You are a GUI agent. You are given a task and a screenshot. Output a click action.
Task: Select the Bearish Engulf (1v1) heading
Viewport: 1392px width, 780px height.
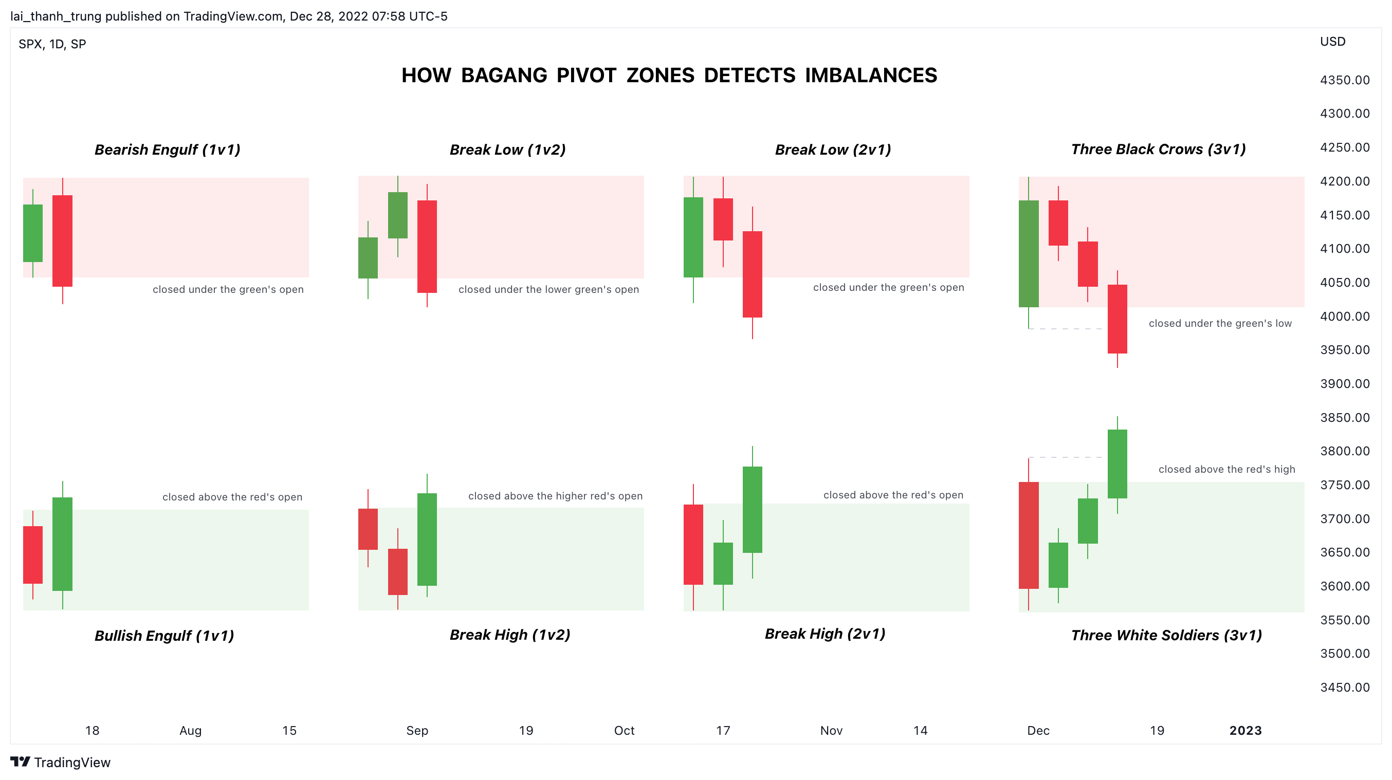point(168,150)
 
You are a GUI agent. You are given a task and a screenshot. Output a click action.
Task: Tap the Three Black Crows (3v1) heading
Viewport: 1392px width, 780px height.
point(1158,149)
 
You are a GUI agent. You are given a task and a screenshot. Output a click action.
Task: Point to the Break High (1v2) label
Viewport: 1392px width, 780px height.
point(509,635)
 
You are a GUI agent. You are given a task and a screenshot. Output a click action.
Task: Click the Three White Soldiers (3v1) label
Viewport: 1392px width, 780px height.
point(1166,635)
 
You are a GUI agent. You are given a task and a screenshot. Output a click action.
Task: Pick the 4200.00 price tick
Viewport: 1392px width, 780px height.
point(1344,181)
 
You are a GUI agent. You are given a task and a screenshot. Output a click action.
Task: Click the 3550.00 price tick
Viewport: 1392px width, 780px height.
point(1344,620)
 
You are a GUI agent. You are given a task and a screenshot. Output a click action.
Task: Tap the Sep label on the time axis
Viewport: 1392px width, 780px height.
point(417,730)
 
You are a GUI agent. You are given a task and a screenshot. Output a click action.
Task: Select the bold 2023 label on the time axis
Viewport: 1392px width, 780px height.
point(1245,730)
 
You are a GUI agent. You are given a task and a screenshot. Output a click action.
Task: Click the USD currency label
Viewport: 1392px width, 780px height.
point(1332,42)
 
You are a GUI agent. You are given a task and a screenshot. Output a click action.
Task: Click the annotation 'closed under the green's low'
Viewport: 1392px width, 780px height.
point(1220,324)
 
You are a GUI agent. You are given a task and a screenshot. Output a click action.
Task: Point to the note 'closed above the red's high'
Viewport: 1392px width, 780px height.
point(1226,470)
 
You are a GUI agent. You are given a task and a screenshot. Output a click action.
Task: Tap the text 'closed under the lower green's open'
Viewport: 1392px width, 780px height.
point(548,289)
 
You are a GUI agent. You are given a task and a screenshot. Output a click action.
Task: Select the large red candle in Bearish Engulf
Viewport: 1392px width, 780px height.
point(62,241)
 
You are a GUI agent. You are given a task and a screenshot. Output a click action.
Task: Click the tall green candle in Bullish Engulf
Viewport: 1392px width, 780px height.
point(62,544)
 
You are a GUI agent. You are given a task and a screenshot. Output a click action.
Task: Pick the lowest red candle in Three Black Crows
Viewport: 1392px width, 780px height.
point(1117,319)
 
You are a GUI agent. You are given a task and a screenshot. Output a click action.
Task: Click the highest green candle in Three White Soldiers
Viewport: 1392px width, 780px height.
point(1117,464)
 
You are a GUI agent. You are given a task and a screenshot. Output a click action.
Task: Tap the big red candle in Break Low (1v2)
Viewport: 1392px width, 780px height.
point(427,246)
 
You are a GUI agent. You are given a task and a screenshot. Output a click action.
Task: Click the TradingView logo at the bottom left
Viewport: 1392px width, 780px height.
point(61,762)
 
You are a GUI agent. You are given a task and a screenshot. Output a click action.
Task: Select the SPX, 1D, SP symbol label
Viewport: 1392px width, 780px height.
point(52,44)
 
